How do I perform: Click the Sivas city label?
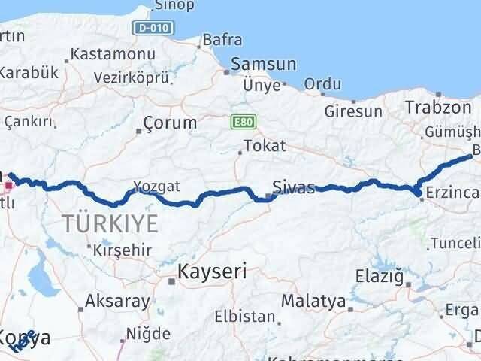(x=294, y=187)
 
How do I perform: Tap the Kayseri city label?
(x=212, y=271)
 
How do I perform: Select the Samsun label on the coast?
(x=264, y=65)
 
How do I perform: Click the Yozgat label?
(x=157, y=185)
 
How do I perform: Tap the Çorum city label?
(x=170, y=123)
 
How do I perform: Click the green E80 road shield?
(x=240, y=120)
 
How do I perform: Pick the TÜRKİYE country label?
(x=110, y=223)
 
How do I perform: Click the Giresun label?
(x=353, y=111)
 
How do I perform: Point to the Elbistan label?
(x=244, y=317)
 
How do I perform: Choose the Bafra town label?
(x=222, y=39)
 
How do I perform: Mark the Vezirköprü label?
(x=133, y=76)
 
